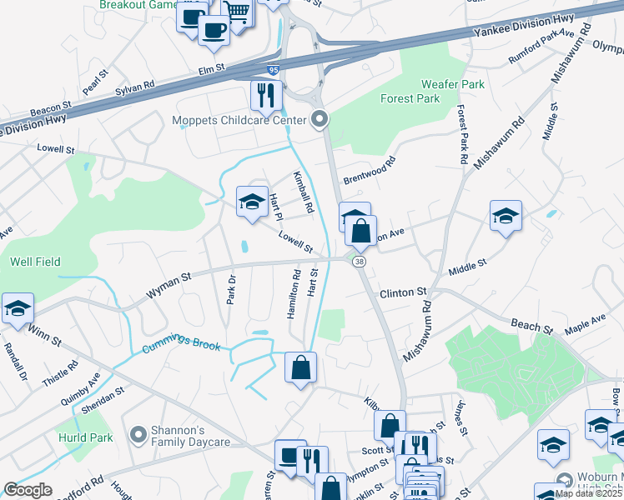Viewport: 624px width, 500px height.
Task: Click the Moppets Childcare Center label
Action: (x=239, y=120)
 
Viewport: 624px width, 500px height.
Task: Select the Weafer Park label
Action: (x=452, y=85)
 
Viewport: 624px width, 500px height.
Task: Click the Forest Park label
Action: (x=410, y=98)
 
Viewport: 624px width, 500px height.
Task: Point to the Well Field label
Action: (x=35, y=262)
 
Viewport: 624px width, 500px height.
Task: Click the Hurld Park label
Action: (x=84, y=437)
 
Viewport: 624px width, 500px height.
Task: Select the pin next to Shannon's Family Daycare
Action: (x=138, y=435)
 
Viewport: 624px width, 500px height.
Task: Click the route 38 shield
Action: (x=359, y=262)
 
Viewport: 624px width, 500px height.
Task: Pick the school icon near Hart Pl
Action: (x=251, y=201)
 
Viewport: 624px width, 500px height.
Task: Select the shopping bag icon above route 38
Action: (x=360, y=231)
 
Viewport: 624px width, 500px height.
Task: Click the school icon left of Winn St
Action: (x=18, y=308)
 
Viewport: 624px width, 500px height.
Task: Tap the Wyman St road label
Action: (x=169, y=284)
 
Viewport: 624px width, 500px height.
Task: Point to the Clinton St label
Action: (x=403, y=293)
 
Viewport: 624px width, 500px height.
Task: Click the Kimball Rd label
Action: (x=301, y=191)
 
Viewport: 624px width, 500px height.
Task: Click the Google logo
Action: (x=28, y=491)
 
